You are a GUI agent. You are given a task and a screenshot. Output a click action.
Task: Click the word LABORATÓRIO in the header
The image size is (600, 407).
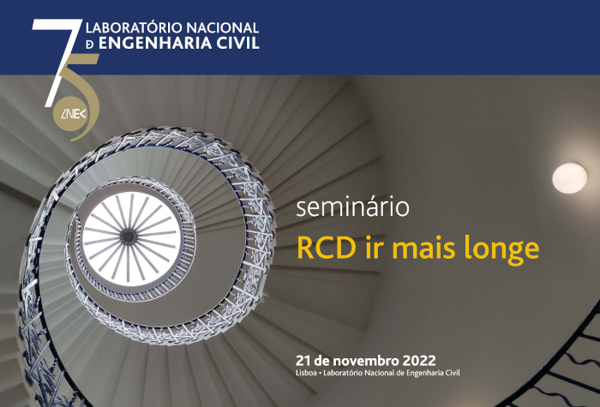[x=129, y=28]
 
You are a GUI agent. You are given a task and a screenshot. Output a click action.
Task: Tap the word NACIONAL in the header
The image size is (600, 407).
[x=217, y=28]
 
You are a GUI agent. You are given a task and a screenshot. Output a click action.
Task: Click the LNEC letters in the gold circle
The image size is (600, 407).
[x=74, y=114]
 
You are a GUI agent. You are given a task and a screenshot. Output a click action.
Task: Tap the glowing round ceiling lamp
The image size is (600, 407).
[x=569, y=178]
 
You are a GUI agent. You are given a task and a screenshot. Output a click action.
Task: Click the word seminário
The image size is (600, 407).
[x=352, y=207]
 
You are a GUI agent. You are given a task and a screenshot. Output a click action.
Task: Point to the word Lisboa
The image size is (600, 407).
[x=306, y=373]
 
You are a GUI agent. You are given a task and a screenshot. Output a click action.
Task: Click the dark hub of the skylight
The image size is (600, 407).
[x=129, y=236]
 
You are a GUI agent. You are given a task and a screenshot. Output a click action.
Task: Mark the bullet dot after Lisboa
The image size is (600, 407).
[x=321, y=374]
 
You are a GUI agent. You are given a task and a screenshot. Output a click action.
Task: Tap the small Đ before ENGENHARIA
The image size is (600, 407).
[x=90, y=45]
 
